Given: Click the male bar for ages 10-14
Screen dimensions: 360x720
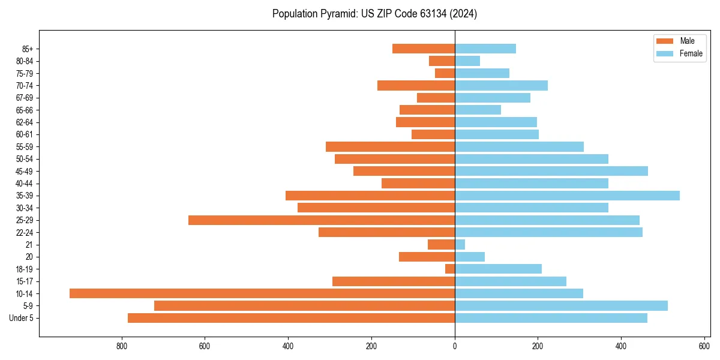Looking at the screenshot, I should (x=262, y=293).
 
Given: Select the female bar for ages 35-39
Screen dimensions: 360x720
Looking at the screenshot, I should (x=567, y=196).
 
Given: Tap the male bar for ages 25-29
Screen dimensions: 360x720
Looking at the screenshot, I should (x=322, y=220).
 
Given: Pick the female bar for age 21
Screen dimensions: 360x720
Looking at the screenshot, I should (x=460, y=245).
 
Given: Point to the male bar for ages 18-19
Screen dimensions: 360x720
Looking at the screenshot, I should (x=450, y=269).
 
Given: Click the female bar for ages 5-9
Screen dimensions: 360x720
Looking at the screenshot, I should (x=561, y=305).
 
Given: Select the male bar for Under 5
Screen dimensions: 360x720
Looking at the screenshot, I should (x=291, y=318).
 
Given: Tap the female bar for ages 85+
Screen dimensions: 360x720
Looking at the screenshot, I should (x=485, y=49).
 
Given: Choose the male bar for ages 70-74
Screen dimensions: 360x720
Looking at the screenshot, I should (x=416, y=85).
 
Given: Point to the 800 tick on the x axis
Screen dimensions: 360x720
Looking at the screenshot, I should (x=122, y=346).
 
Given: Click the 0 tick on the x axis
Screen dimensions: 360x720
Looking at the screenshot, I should (x=455, y=346).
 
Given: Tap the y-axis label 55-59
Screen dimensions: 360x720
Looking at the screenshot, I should (x=25, y=147).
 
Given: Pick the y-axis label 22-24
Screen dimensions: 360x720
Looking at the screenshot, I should (x=25, y=233).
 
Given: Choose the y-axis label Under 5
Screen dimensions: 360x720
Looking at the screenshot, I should (x=22, y=318).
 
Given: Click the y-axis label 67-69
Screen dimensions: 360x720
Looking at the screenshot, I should (x=25, y=98).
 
